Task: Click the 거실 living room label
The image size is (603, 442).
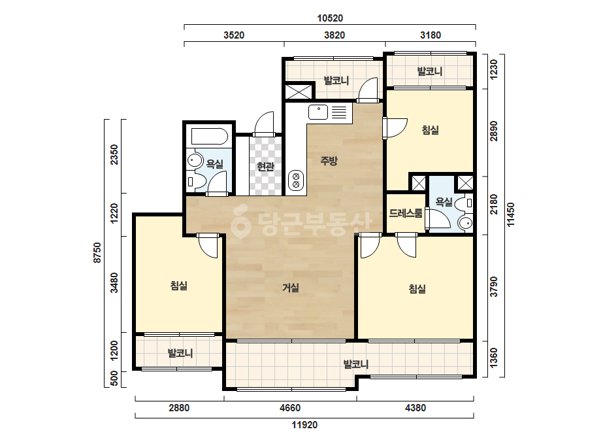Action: (291, 288)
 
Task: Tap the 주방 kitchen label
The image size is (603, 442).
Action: (329, 160)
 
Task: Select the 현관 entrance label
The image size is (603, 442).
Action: (265, 167)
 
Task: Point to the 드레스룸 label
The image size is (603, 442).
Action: (406, 213)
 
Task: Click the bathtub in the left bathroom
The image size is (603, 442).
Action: (209, 136)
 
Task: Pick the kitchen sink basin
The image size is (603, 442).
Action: (318, 112)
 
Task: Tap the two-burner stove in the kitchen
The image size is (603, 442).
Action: (296, 180)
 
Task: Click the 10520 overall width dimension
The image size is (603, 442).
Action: (330, 18)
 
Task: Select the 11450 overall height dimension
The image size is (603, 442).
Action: (511, 215)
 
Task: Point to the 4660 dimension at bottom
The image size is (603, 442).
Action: (290, 407)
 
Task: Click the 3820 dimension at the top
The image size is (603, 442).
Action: (334, 35)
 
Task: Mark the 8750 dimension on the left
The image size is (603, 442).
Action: (98, 252)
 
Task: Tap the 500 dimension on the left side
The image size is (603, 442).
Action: (114, 380)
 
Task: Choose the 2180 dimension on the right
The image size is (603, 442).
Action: (494, 205)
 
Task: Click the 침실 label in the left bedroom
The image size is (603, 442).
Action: (179, 286)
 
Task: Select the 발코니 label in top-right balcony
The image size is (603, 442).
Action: (430, 71)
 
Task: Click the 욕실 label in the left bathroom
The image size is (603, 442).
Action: (214, 164)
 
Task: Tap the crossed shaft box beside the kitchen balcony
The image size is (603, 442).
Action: (299, 92)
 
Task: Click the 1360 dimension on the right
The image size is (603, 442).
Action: (494, 358)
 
